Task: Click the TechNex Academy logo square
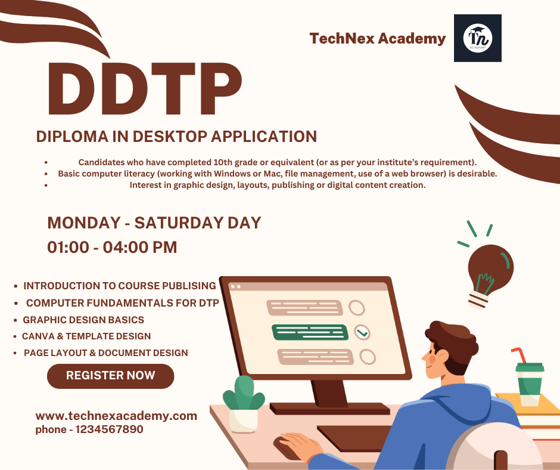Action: [478, 38]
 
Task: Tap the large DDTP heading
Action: [145, 89]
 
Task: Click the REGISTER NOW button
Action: [110, 376]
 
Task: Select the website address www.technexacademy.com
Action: [116, 416]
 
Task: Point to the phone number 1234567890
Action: [109, 429]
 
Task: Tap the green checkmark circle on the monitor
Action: [362, 332]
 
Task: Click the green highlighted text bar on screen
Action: [310, 332]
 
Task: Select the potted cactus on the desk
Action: [244, 404]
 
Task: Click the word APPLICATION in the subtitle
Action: [264, 137]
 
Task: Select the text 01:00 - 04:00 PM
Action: [112, 247]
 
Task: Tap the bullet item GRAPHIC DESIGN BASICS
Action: [83, 320]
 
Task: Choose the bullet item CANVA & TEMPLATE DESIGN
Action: [86, 336]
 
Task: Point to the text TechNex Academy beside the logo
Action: [378, 39]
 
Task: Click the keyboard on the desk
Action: [353, 435]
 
